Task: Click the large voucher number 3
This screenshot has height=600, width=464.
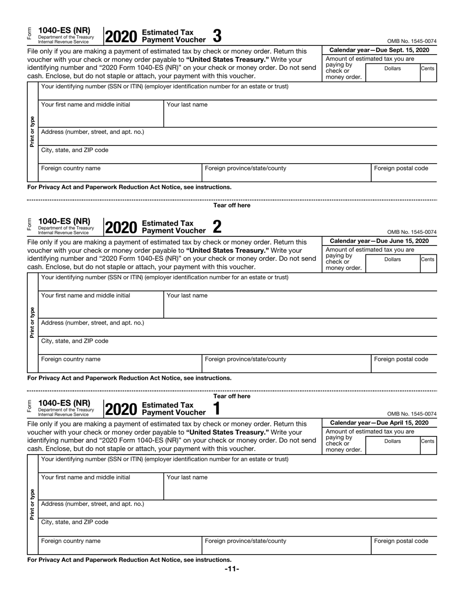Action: click(217, 36)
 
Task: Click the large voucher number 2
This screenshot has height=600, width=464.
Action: click(217, 227)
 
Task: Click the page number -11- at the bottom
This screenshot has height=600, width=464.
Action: click(232, 569)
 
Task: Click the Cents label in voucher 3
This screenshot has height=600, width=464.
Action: click(427, 69)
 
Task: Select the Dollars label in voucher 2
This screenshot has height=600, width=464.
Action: click(392, 260)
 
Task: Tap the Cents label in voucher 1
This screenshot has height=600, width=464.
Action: click(427, 441)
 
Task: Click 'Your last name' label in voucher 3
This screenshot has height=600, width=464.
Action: click(187, 105)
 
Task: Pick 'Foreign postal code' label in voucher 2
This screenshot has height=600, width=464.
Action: click(401, 359)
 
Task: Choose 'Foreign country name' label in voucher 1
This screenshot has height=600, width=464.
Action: click(71, 541)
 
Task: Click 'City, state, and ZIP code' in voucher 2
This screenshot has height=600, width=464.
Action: click(75, 341)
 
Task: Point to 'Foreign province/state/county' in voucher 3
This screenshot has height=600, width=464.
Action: click(246, 168)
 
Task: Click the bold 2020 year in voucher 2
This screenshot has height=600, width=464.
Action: click(121, 228)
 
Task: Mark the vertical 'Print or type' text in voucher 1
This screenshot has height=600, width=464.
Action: click(32, 504)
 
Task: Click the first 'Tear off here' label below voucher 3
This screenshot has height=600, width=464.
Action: click(232, 206)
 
